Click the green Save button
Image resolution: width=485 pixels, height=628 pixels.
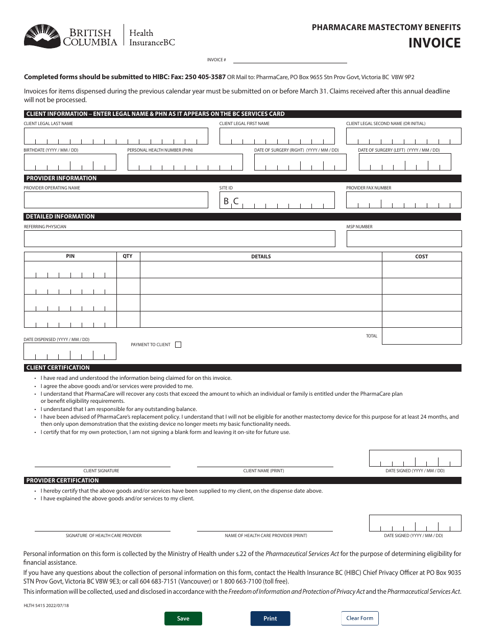tap(183, 618)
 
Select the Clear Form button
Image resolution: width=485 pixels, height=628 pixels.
tap(360, 618)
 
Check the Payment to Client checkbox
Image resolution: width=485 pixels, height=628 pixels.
tap(178, 345)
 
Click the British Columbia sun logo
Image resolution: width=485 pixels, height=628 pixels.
tap(42, 36)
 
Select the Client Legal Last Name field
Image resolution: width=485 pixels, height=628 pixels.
tap(116, 136)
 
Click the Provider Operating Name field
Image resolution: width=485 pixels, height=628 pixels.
tap(116, 200)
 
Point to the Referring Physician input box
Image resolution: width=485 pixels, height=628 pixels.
tap(179, 239)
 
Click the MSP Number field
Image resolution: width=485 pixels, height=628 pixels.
tap(403, 239)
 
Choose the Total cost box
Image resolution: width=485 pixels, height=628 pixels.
tap(421, 336)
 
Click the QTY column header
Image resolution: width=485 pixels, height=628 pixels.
tap(128, 256)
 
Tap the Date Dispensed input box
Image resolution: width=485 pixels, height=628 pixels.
tap(69, 352)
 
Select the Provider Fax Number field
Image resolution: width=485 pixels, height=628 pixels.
tap(403, 200)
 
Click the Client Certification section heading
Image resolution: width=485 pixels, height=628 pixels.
tap(58, 368)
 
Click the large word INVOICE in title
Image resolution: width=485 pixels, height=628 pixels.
tap(434, 43)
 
